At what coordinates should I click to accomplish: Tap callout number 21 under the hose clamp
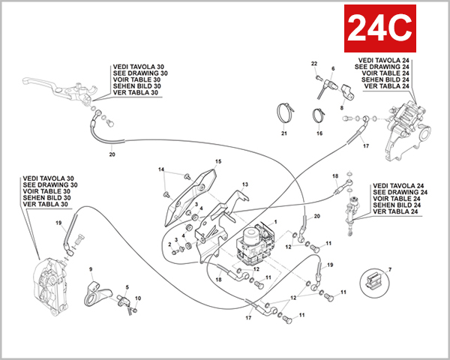coord(284,133)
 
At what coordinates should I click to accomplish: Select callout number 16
coord(319,133)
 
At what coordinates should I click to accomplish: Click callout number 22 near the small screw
coord(315,63)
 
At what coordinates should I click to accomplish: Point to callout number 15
coord(218,161)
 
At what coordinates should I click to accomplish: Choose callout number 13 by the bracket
coord(244,184)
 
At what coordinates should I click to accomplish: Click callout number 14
coord(160,170)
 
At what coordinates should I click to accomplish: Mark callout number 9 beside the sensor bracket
coord(91,268)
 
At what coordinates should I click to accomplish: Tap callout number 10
coord(138,298)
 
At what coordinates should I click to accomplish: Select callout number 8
coord(342,108)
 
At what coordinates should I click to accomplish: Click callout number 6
coord(331,69)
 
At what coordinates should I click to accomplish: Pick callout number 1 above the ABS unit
coord(275,223)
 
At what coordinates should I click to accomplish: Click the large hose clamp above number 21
coord(283,112)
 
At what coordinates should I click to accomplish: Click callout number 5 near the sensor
coord(127,286)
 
